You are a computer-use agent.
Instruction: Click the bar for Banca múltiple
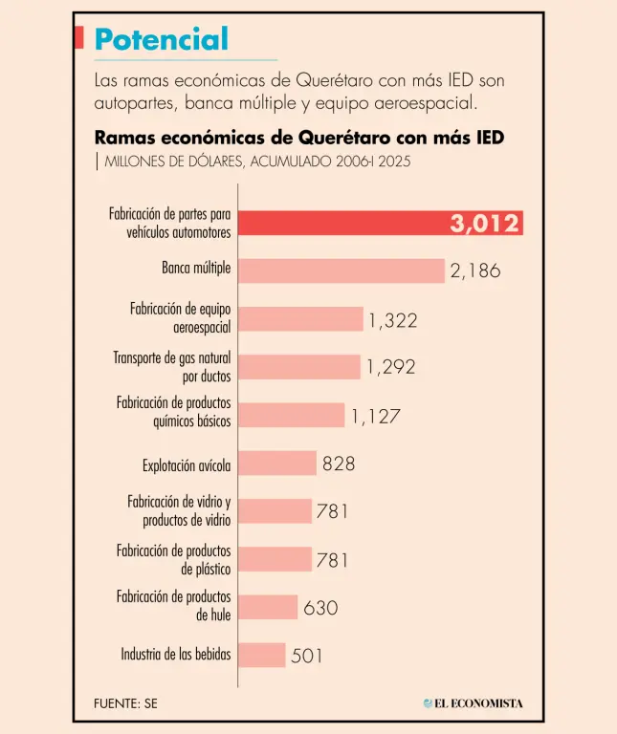coord(341,270)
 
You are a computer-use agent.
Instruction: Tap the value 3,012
coord(485,224)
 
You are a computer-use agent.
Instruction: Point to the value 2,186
coord(475,270)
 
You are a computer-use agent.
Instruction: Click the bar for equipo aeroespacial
coord(299,319)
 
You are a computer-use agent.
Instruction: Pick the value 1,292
coord(391,367)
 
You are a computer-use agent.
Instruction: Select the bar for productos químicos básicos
coord(291,415)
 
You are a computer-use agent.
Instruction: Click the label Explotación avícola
coord(187,465)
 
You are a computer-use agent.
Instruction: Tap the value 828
coord(339,464)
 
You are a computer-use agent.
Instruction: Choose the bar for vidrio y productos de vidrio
coord(275,511)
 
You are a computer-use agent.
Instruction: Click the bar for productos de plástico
coord(275,559)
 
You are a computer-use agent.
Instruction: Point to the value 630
coord(320,607)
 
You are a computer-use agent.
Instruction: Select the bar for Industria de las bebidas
coord(261,655)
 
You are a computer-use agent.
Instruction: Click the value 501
coord(307,656)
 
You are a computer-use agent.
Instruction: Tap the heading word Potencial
coord(162,39)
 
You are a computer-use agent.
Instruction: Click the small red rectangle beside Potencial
coord(77,37)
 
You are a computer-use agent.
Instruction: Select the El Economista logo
coord(474,703)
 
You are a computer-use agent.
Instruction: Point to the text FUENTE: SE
coord(125,703)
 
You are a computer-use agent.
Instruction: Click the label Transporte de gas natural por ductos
coord(172,367)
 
